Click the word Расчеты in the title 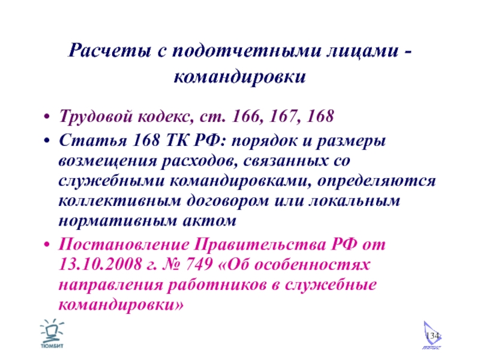tap(110, 50)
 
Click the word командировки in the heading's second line tap(239, 77)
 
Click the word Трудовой tap(95, 117)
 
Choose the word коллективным tap(119, 201)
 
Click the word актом tap(209, 221)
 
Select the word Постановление tap(124, 244)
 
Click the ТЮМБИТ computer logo tap(52, 334)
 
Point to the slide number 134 tap(433, 335)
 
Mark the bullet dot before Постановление tap(47, 245)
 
